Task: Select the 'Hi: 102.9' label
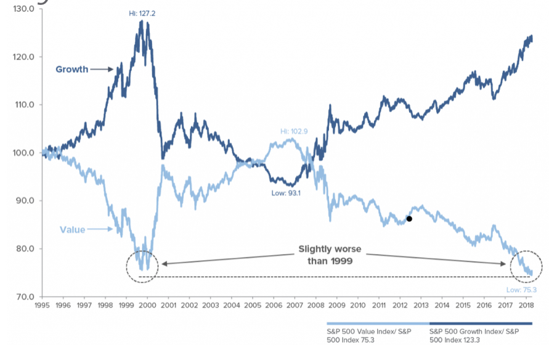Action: tap(294, 131)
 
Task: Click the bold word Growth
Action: tap(71, 69)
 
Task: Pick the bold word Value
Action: tap(73, 230)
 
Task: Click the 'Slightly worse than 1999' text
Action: tap(330, 255)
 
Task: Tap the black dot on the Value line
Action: tap(409, 218)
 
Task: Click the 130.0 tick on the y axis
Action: tap(23, 9)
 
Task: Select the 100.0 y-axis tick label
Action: tap(23, 153)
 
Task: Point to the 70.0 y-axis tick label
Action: tap(24, 297)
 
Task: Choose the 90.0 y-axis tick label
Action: tap(24, 201)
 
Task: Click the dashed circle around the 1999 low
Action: tap(142, 266)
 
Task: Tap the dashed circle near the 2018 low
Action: tap(527, 266)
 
